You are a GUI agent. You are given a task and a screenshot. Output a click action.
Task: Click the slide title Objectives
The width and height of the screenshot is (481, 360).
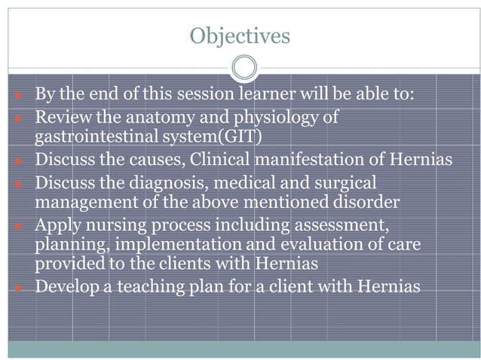point(240,35)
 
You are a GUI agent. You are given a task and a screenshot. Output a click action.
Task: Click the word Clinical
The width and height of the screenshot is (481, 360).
point(223,160)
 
